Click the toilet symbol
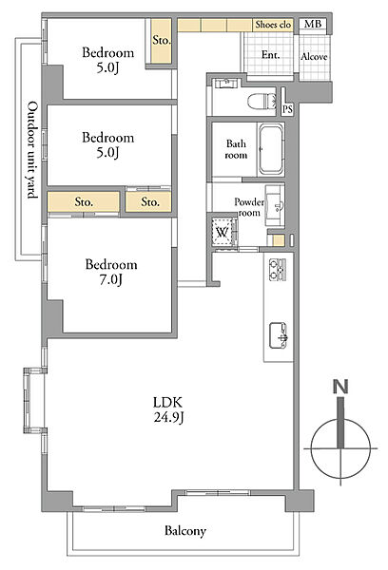pyautogui.click(x=262, y=101)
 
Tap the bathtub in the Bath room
pyautogui.click(x=271, y=149)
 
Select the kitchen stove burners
pyautogui.click(x=278, y=270)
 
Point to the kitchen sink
pyautogui.click(x=279, y=335)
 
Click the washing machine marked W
pyautogui.click(x=223, y=232)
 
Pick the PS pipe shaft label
pyautogui.click(x=287, y=109)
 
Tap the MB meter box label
pyautogui.click(x=313, y=25)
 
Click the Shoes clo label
pyautogui.click(x=273, y=25)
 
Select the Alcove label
pyautogui.click(x=314, y=57)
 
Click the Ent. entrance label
pyautogui.click(x=271, y=55)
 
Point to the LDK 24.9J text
pyautogui.click(x=167, y=409)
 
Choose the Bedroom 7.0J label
pyautogui.click(x=111, y=272)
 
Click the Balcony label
pyautogui.click(x=185, y=531)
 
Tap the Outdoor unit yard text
pyautogui.click(x=32, y=150)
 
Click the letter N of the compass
pyautogui.click(x=340, y=387)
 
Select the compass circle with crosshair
pyautogui.click(x=340, y=448)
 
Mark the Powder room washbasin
pyautogui.click(x=275, y=205)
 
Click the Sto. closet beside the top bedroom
pyautogui.click(x=161, y=40)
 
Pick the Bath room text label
pyautogui.click(x=236, y=149)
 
